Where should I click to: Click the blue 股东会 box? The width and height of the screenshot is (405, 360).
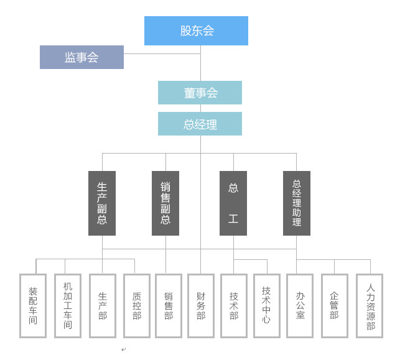click(x=196, y=30)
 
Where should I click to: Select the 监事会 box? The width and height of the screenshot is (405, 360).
click(x=81, y=57)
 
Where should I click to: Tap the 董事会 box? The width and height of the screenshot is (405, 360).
click(x=200, y=93)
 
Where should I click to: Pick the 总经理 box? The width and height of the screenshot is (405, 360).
click(x=200, y=124)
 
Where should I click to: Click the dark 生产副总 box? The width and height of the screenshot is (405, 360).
click(x=102, y=203)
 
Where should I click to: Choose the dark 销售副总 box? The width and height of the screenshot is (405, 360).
click(x=165, y=203)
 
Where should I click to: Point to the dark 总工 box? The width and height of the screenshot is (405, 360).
click(x=233, y=203)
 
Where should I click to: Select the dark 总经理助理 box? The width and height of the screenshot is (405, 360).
click(x=297, y=203)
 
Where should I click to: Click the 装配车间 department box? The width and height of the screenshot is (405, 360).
click(x=33, y=306)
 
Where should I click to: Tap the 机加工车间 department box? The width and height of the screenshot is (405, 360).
click(x=68, y=306)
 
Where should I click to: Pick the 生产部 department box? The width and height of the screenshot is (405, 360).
click(x=103, y=306)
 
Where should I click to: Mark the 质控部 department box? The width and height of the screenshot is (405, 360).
click(x=137, y=306)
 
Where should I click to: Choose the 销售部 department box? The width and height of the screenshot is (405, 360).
click(x=169, y=306)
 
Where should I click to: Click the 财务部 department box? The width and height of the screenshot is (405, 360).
click(x=201, y=306)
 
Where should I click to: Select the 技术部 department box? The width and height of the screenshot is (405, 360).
click(x=234, y=306)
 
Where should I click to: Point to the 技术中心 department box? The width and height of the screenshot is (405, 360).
click(x=266, y=306)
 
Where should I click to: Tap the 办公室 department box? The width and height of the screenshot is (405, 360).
click(x=300, y=306)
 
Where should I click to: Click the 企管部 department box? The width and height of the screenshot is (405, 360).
click(x=335, y=306)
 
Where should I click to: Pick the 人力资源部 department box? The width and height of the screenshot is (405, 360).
click(x=370, y=306)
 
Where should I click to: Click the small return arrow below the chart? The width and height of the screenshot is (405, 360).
click(x=124, y=349)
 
